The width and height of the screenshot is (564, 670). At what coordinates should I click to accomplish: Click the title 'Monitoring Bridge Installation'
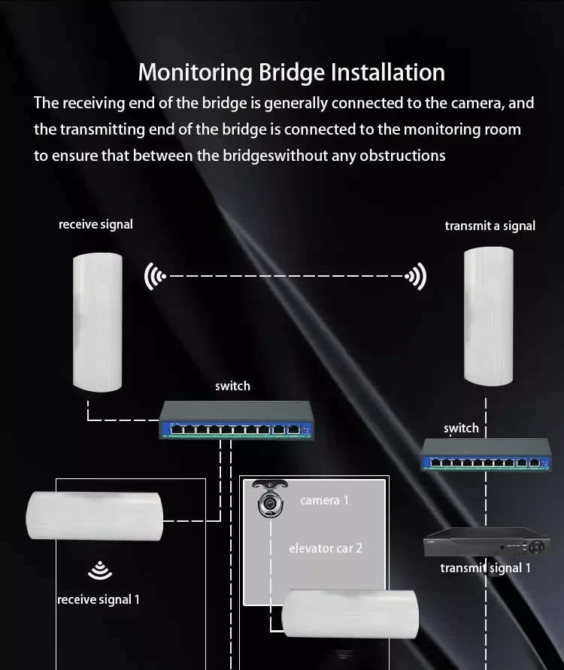click(x=292, y=72)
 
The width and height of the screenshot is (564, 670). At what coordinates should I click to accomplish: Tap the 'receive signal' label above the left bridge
click(x=96, y=224)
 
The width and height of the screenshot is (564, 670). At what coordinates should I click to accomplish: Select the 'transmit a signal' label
click(x=490, y=226)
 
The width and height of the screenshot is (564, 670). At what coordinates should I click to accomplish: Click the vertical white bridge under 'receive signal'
click(x=98, y=323)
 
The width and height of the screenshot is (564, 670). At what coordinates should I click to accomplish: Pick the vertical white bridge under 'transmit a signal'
click(x=488, y=316)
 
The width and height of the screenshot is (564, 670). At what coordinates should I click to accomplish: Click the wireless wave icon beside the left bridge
click(x=155, y=277)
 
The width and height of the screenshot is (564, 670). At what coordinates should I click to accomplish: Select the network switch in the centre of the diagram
click(x=237, y=420)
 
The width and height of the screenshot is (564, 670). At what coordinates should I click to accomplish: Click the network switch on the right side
click(x=487, y=455)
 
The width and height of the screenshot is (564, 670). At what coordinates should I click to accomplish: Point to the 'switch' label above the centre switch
click(x=232, y=386)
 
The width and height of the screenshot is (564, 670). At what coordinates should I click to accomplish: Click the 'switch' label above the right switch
click(x=461, y=428)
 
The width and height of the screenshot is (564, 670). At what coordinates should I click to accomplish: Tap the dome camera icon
click(x=270, y=499)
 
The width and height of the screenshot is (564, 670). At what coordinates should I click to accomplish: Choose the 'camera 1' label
click(x=324, y=500)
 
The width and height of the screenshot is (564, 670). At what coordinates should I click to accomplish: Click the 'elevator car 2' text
click(x=326, y=548)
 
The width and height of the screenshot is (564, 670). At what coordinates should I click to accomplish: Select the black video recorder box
click(x=487, y=542)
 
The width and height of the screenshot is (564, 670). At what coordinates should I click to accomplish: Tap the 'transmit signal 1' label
click(x=485, y=568)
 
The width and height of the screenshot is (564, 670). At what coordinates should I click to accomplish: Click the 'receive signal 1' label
click(x=99, y=599)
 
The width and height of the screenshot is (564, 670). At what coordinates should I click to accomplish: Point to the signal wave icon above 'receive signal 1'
click(x=100, y=570)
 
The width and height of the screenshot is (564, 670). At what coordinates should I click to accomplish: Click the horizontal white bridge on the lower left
click(x=95, y=516)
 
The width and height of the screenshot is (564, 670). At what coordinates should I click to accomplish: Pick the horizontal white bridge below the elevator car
click(x=350, y=614)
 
